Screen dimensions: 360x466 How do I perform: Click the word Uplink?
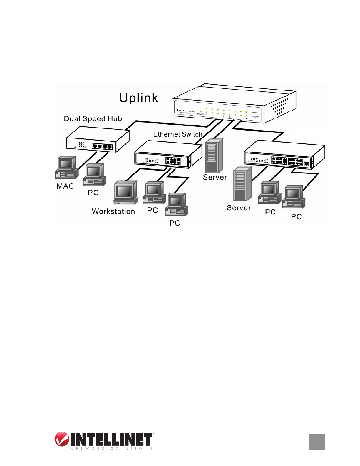click(x=138, y=98)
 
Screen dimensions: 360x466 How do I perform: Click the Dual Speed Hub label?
click(x=93, y=119)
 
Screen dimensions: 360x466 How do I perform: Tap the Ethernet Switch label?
click(x=178, y=134)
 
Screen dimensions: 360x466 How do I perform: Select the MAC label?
click(x=65, y=186)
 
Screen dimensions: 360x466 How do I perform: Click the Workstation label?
click(x=113, y=211)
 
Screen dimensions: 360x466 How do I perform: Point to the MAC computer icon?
click(x=67, y=168)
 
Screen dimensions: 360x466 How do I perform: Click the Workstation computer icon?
click(x=125, y=193)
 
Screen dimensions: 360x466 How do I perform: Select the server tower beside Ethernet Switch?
click(x=214, y=156)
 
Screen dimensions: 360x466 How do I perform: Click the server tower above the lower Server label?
click(x=242, y=184)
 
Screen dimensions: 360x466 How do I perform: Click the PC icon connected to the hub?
click(x=94, y=175)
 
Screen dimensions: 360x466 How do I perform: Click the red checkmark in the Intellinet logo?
click(x=62, y=439)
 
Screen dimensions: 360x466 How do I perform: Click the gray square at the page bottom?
click(x=317, y=442)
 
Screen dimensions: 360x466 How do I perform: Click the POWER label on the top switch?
click(x=201, y=114)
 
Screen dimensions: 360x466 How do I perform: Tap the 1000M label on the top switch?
click(x=254, y=113)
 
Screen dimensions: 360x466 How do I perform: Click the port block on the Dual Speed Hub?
click(x=102, y=146)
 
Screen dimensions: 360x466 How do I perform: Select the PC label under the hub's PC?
click(x=93, y=193)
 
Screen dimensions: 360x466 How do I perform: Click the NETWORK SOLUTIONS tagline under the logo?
click(x=111, y=449)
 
